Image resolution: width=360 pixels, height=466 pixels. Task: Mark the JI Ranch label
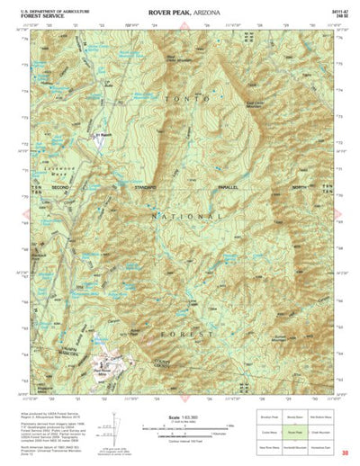[x=103, y=136]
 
